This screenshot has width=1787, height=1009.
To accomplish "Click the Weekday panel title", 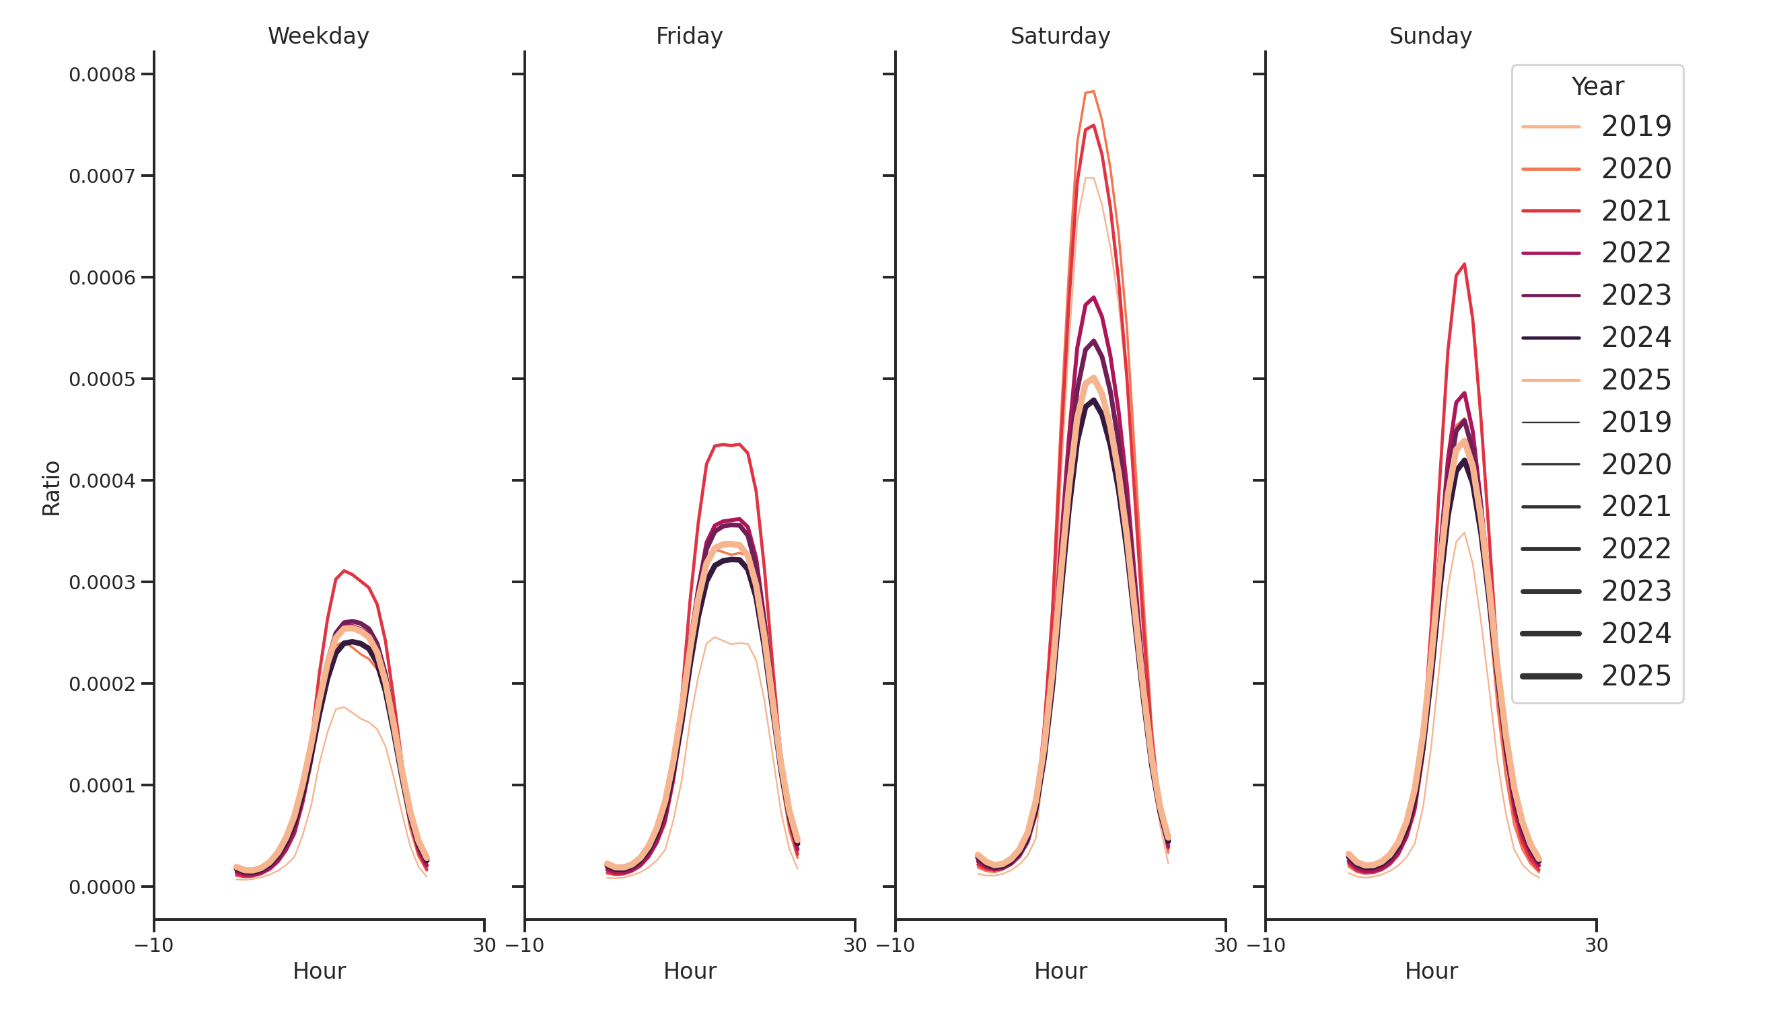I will point(318,36).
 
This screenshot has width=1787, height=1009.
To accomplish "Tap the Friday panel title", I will point(689,36).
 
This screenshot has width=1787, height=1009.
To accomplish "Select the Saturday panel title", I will point(1060,36).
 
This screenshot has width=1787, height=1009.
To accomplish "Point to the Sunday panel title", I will point(1430,36).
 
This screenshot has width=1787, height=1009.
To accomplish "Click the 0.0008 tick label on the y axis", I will point(102,75).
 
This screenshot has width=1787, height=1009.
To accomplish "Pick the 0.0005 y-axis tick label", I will point(102,379).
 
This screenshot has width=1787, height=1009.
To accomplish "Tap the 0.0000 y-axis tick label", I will point(102,888).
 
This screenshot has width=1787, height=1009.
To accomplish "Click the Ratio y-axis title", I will point(51,488).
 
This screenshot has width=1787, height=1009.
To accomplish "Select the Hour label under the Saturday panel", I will point(1060,971).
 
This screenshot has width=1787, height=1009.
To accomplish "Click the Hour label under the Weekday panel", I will point(318,971).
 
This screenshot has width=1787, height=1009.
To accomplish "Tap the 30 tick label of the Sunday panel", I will point(1596,945).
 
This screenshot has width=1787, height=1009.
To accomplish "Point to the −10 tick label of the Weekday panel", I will point(154,945).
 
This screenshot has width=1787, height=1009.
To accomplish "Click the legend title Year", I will point(1597,87).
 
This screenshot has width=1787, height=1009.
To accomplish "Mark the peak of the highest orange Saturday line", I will point(1093,91).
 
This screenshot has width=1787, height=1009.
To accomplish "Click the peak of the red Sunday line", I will point(1464,264).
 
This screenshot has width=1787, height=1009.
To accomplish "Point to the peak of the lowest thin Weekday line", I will point(344,708).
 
